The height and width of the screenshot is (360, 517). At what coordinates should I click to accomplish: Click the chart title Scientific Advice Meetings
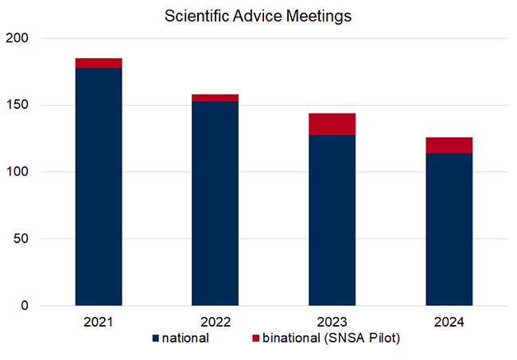tap(258, 15)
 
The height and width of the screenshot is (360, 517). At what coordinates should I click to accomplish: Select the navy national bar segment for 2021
tap(99, 187)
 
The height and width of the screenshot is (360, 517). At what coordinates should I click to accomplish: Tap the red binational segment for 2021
tap(99, 63)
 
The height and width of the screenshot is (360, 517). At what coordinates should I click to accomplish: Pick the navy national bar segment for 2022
tap(216, 203)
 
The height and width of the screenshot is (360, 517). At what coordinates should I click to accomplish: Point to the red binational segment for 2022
tap(216, 98)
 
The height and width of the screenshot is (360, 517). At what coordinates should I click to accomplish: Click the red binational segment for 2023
tap(332, 124)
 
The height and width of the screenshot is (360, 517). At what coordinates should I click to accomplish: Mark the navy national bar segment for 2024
tap(449, 230)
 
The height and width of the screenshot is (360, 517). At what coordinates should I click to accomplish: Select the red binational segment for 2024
tap(449, 145)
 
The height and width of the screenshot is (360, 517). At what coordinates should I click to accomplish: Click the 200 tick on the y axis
tap(17, 38)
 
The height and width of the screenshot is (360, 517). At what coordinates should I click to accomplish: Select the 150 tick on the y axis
tap(17, 105)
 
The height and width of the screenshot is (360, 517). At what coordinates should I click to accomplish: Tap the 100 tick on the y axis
tap(17, 172)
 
